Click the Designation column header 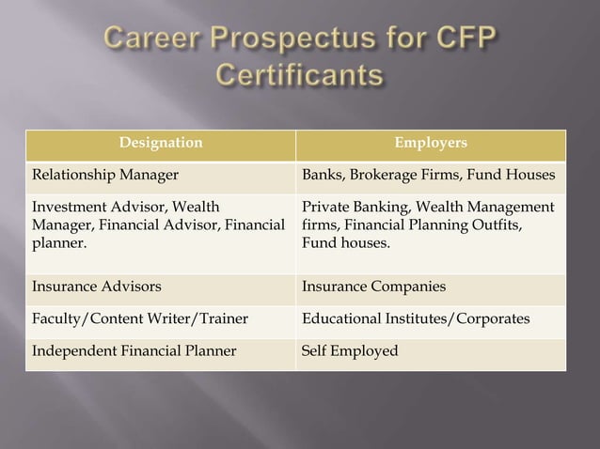point(160,143)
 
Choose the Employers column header point(431,143)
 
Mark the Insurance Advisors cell point(83,286)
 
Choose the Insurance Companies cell point(373,286)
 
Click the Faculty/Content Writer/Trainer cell point(140,318)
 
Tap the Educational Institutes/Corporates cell point(415,318)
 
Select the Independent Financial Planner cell point(134,351)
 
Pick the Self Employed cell point(349,351)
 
